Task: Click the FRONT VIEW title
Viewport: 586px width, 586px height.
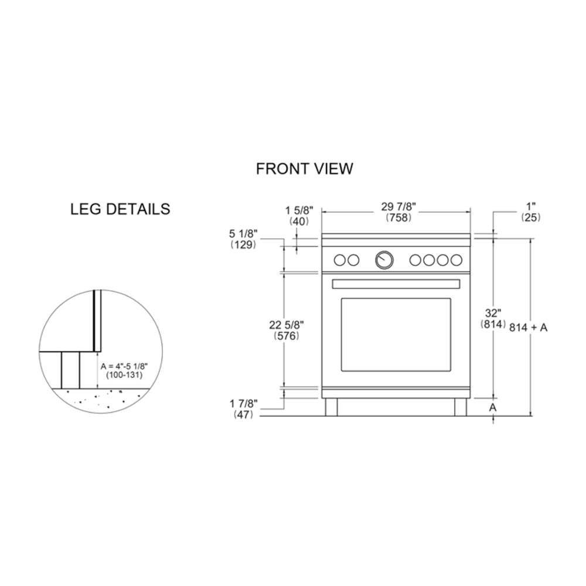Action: click(304, 169)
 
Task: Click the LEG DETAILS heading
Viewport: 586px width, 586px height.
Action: click(120, 209)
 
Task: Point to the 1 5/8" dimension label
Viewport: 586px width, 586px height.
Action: click(299, 210)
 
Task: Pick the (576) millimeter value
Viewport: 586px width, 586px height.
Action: click(287, 336)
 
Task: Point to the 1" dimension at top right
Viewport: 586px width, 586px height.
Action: click(531, 206)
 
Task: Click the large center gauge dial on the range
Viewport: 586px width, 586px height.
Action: click(384, 259)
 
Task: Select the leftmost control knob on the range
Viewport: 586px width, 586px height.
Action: click(339, 260)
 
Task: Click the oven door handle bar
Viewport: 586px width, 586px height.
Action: click(396, 284)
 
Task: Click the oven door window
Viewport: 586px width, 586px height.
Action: click(396, 334)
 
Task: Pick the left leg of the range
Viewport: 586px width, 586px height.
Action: click(332, 407)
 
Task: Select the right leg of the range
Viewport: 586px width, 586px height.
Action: click(460, 407)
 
